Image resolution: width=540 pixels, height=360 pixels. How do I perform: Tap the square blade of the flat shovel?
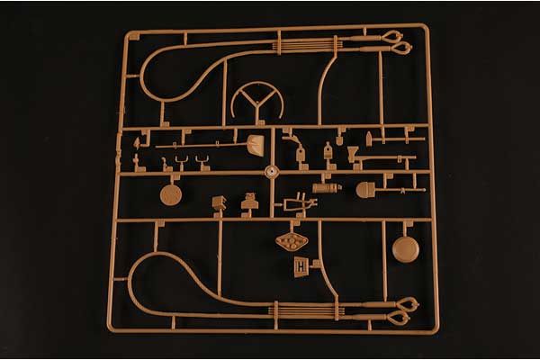(x=256, y=145)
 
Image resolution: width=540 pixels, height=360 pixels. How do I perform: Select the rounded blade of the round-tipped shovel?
(x=365, y=189)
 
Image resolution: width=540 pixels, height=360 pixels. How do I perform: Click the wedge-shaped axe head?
(x=368, y=143)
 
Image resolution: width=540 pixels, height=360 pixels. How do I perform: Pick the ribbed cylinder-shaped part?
(x=327, y=188)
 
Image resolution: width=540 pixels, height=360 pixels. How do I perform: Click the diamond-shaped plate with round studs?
(x=291, y=241)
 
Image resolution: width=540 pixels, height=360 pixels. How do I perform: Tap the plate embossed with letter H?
(x=301, y=266)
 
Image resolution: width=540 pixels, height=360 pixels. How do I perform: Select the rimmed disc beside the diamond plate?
(x=405, y=248)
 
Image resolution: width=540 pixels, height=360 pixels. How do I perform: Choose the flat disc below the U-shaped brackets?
(x=170, y=193)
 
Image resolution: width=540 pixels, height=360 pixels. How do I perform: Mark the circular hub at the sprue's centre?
(x=269, y=170)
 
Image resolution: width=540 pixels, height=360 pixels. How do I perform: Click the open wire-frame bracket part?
(x=300, y=205)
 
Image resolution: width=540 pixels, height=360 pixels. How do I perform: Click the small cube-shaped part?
(x=219, y=202)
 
